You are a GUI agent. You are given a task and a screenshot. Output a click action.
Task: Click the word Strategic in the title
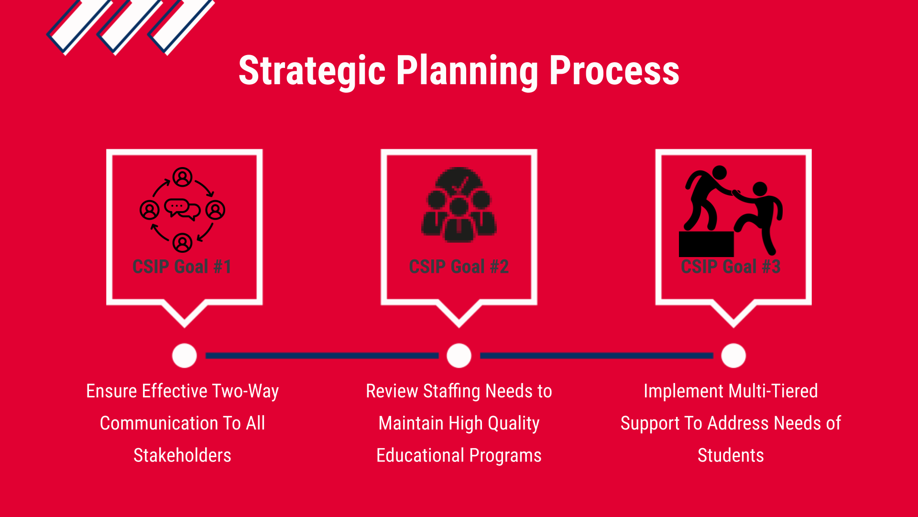312,71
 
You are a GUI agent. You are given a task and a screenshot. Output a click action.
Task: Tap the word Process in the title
614,71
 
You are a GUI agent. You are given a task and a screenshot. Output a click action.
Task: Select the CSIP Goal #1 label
182,267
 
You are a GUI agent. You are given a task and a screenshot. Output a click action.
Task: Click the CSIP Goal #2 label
459,267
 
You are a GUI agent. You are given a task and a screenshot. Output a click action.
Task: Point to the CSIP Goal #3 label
731,267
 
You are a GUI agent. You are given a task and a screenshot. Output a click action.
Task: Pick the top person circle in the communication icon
182,177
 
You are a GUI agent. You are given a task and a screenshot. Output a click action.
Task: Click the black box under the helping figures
706,244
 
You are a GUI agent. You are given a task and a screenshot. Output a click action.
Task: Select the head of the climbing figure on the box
720,173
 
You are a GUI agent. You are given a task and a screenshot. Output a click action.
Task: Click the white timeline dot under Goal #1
185,356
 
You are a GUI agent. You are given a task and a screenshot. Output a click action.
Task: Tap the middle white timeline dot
459,356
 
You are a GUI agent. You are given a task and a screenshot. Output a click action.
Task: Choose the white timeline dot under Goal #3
733,356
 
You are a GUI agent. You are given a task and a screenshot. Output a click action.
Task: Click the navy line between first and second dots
322,356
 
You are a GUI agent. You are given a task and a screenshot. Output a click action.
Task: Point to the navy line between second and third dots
597,356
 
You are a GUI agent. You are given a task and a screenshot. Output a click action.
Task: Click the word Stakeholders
182,455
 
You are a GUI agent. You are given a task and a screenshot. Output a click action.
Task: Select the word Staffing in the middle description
451,392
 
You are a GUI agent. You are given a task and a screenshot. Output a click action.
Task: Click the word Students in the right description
731,455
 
